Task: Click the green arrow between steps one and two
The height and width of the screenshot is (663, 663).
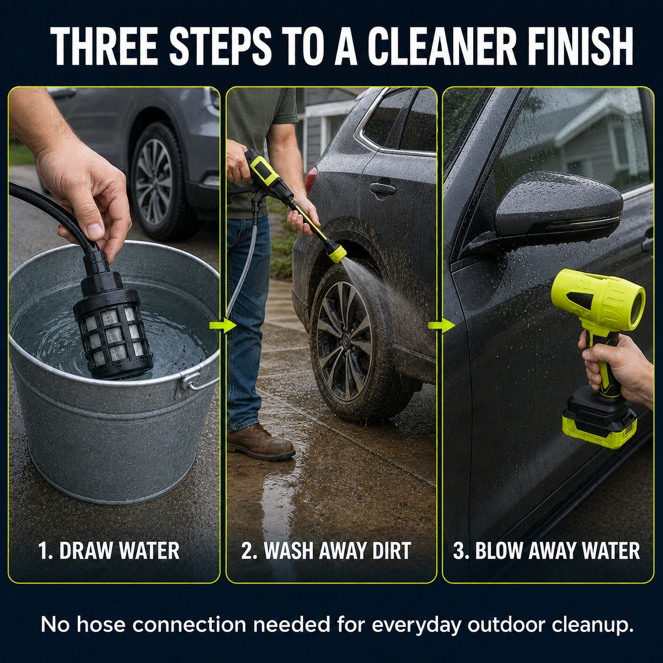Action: (223, 325)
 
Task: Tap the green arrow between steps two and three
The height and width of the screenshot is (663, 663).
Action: (441, 325)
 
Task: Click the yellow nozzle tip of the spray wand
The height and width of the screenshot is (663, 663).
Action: (337, 254)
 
